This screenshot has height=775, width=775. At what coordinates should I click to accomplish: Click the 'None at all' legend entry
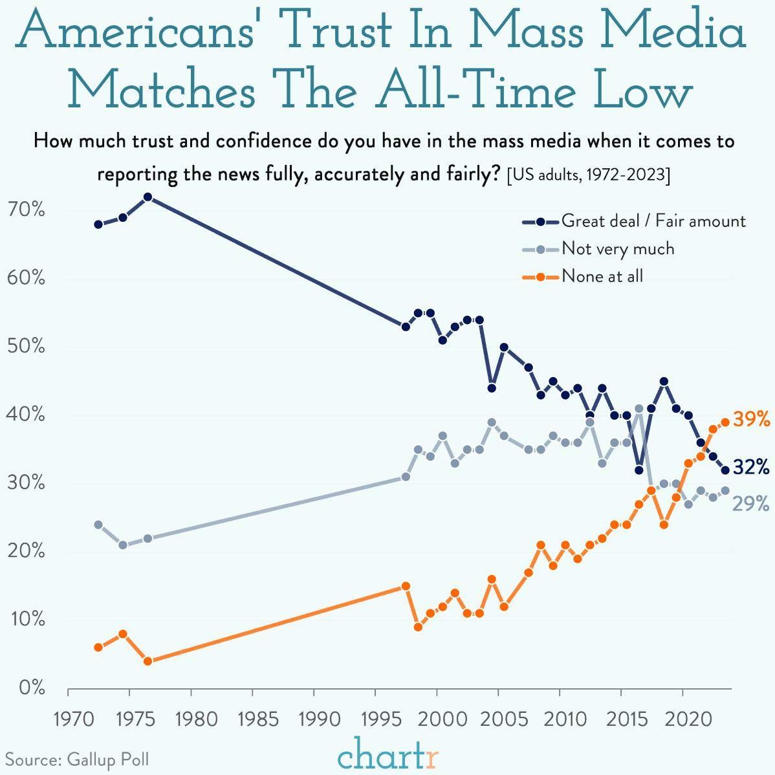point(602,276)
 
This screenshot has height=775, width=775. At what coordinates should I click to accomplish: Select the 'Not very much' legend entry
point(617,248)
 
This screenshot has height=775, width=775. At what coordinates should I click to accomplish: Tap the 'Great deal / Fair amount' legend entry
point(653,221)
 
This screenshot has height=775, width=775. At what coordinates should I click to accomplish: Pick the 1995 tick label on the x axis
point(375,719)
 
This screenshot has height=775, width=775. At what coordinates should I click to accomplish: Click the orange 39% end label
point(751,419)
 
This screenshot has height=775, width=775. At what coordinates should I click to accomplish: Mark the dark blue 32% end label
point(751,466)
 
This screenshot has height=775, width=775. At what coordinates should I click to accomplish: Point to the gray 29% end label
point(750,503)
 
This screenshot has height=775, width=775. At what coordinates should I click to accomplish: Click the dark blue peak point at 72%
point(147,197)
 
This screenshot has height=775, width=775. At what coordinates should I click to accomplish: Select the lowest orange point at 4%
point(147,661)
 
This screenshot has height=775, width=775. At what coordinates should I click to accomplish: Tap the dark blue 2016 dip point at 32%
point(639,470)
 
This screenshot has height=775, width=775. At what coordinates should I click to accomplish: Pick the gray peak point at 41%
point(639,409)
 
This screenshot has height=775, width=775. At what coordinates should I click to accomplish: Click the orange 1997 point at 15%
point(406,586)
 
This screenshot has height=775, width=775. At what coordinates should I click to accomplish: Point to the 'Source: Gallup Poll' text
point(77,759)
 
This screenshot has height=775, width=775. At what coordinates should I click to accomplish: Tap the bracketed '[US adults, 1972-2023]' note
point(588,175)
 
